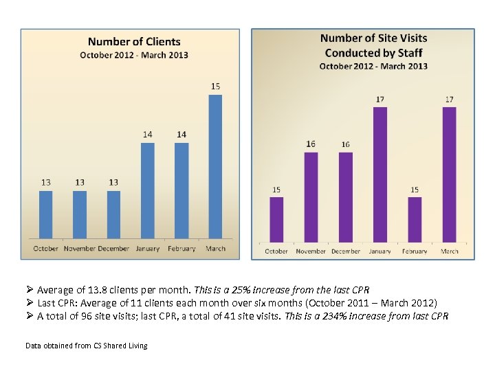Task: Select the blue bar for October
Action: coord(45,214)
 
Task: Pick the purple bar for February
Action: coord(415,219)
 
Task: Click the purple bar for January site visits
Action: coord(379,175)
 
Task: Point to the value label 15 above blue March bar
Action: coord(215,87)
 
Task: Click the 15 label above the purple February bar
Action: coord(415,190)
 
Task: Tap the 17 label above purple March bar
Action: coord(449,100)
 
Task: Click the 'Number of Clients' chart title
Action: coord(134,43)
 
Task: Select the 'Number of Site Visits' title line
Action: coord(373,38)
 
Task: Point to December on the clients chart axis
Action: coord(113,249)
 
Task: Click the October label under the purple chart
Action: coord(276,251)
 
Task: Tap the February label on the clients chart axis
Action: coord(181,249)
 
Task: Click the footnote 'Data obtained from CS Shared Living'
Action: coord(86,345)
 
